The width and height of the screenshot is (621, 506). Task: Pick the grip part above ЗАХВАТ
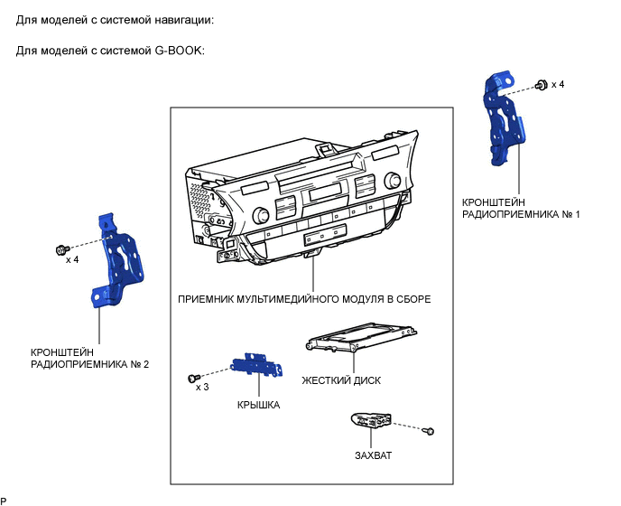click(371, 421)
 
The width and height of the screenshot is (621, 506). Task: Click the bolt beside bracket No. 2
click(61, 248)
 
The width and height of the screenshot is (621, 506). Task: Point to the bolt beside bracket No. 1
click(540, 85)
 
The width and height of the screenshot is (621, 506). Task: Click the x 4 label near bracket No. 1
click(558, 84)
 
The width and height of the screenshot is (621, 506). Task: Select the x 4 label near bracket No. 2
click(72, 260)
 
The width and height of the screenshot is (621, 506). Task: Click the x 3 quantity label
click(203, 387)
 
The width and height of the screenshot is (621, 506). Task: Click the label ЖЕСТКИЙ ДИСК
click(341, 380)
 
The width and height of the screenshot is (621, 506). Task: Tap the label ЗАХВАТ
click(374, 455)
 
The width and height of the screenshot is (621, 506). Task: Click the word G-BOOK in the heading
click(180, 50)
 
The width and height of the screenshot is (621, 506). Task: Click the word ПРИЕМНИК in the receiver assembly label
click(209, 299)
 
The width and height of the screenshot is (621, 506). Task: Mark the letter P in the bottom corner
click(4, 500)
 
